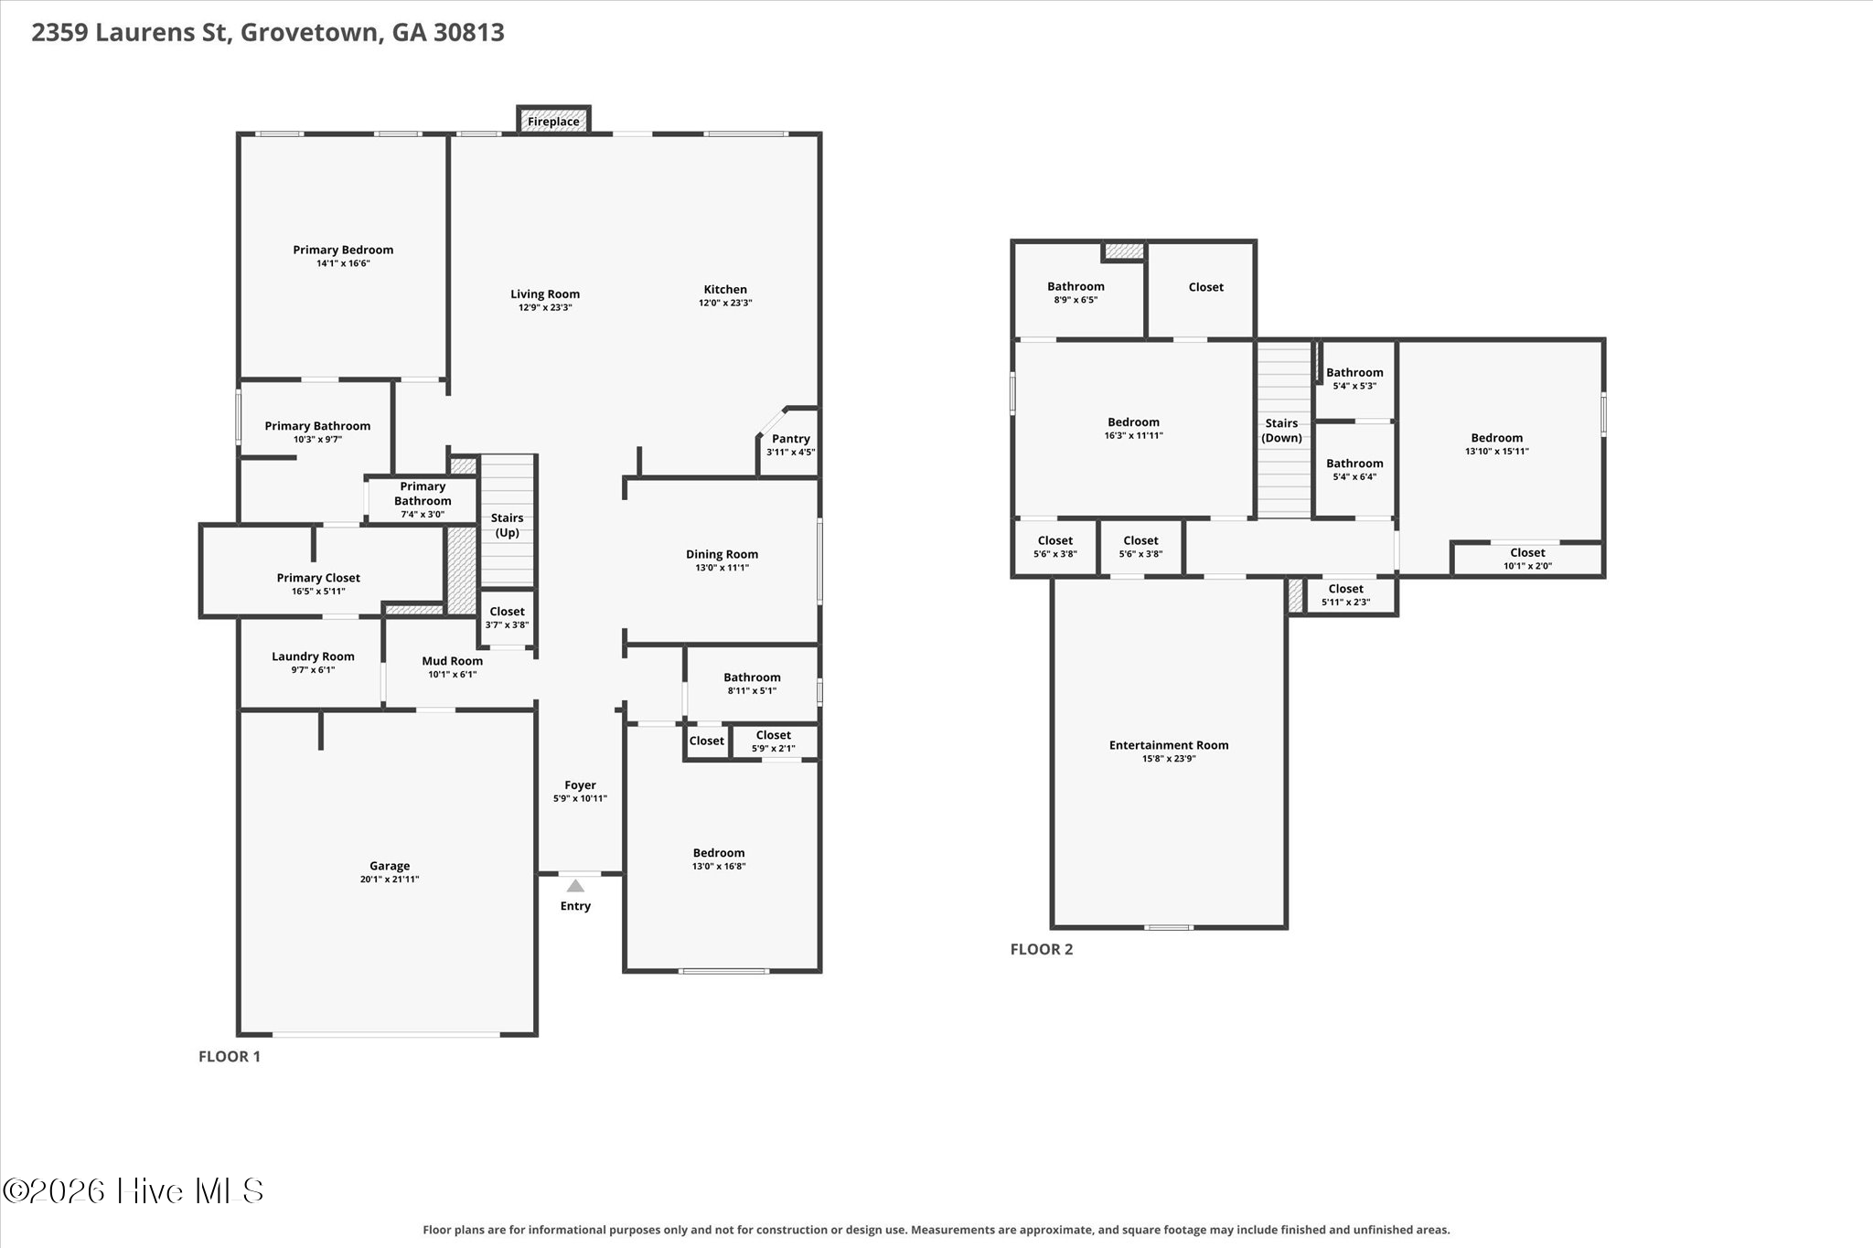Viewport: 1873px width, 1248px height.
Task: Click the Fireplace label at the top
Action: pos(553,122)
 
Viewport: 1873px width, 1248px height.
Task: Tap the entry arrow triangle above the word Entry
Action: pos(575,885)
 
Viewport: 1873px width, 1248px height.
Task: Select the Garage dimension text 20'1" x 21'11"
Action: pos(390,880)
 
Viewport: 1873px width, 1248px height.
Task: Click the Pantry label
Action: pos(791,439)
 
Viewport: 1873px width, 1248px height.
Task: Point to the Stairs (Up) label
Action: pos(507,525)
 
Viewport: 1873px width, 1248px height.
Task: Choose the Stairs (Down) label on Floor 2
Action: pos(1281,431)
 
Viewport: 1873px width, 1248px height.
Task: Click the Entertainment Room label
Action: pos(1169,745)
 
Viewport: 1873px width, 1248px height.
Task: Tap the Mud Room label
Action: pos(453,661)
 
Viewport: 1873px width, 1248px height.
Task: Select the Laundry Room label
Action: pos(313,656)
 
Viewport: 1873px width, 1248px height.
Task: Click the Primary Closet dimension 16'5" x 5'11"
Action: pos(318,592)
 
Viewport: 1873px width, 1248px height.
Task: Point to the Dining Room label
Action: pos(722,554)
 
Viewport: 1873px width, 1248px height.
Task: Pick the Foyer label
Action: pos(580,785)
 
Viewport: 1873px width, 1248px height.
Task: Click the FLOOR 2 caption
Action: pos(1042,949)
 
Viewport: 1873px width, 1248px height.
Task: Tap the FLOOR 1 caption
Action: pos(230,1057)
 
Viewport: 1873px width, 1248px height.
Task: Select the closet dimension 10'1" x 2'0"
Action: pos(1527,566)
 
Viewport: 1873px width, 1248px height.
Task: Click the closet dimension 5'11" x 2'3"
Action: pos(1345,603)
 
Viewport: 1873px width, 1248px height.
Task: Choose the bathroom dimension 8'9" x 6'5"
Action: pos(1076,300)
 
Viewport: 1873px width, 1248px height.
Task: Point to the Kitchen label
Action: pos(725,290)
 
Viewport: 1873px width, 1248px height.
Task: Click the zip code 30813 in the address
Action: pos(470,33)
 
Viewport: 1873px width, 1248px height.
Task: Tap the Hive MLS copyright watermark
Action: pos(134,1190)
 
